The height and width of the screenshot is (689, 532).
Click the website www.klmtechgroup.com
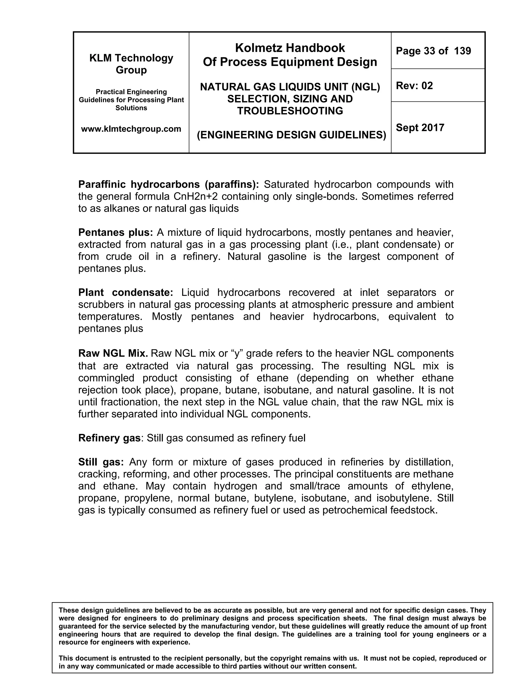(131, 129)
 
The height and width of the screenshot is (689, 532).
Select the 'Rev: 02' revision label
(414, 86)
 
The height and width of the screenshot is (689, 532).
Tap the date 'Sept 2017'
(420, 127)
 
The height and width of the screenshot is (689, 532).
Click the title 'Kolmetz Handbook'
(290, 48)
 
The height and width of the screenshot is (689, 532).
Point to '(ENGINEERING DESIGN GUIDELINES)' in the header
(291, 135)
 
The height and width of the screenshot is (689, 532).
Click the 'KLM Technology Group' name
(131, 64)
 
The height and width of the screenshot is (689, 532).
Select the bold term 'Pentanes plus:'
(115, 232)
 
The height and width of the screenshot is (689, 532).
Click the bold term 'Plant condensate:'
(126, 292)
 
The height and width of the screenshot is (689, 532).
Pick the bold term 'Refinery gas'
(109, 438)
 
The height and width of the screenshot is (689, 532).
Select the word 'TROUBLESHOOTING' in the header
(290, 111)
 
